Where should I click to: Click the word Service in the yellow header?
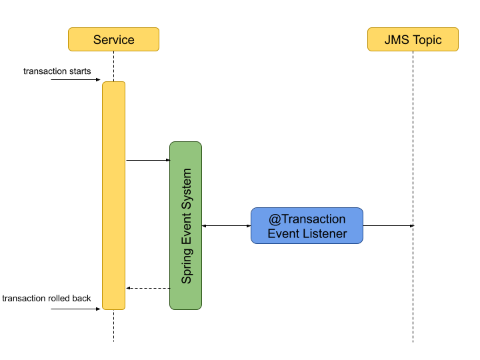point(113,40)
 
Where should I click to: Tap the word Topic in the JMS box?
point(427,40)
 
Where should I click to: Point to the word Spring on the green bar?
point(187,266)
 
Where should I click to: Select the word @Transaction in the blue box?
point(307,219)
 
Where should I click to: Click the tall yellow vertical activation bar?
point(113,195)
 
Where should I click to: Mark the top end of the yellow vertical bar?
point(113,83)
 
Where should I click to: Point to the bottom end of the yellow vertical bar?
point(113,308)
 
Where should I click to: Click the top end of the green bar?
point(185,143)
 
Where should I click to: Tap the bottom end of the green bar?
point(185,308)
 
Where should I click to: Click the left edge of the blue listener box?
point(252,226)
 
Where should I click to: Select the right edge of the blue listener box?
point(363,226)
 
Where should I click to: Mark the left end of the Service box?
point(69,39)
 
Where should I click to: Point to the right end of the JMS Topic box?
point(457,39)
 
